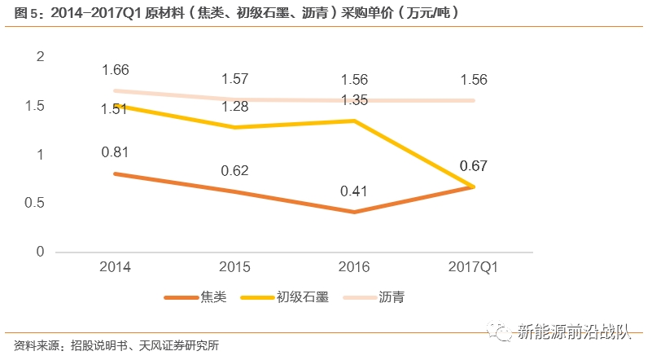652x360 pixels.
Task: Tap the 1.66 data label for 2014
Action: coord(116,70)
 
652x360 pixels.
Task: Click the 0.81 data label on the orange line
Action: coord(116,151)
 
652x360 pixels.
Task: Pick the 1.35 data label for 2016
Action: coord(354,100)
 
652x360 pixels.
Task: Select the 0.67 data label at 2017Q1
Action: coord(473,166)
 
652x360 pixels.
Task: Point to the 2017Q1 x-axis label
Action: coord(473,267)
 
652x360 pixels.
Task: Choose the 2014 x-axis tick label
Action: coord(116,267)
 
